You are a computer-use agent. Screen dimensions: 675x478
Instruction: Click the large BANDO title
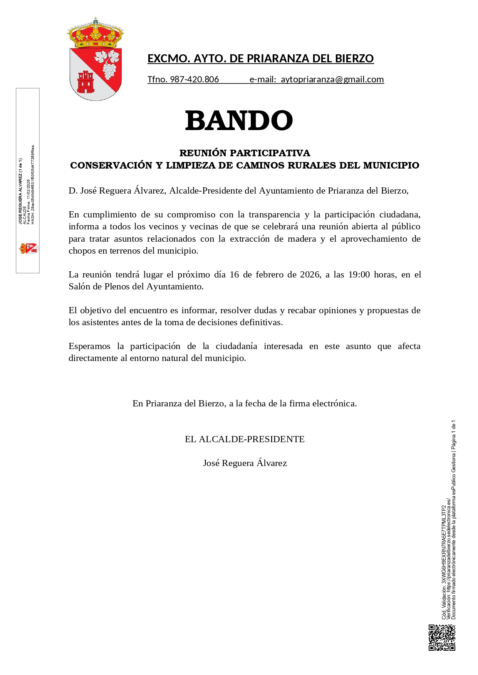[239, 120]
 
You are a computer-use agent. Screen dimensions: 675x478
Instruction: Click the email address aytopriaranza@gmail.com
[332, 79]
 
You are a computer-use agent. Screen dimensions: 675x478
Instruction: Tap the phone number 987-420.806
[194, 79]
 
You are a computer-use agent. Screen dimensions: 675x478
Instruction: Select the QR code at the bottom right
[442, 637]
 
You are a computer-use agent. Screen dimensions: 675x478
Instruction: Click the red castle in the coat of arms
[85, 82]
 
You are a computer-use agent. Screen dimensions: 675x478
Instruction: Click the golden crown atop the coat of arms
[96, 34]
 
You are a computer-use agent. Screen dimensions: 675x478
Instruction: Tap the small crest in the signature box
[29, 249]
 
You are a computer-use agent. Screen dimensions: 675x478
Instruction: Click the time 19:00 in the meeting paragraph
[359, 274]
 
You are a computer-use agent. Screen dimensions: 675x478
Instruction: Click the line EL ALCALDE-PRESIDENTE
[245, 439]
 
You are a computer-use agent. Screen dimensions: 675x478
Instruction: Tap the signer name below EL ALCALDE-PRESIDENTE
[245, 463]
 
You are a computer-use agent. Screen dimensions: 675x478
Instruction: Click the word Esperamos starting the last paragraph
[89, 346]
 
